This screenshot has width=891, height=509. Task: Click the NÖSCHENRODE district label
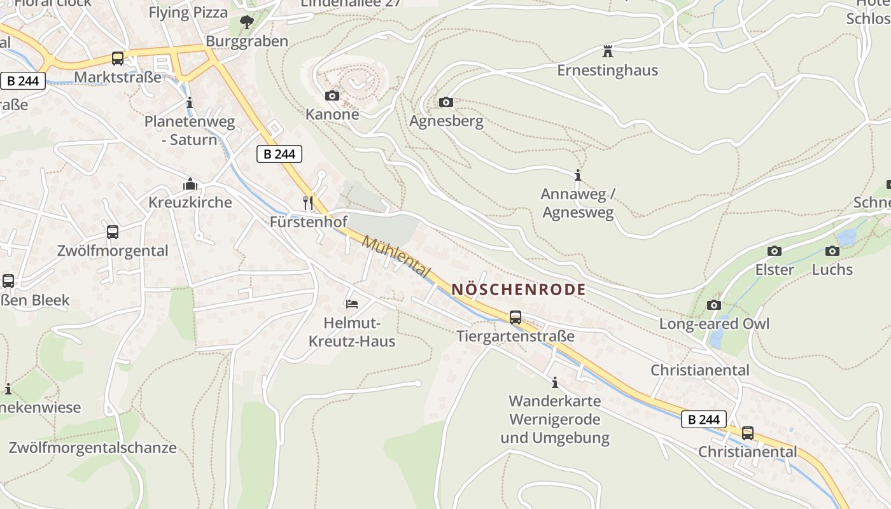pos(518,289)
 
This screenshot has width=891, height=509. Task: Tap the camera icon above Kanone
pos(332,96)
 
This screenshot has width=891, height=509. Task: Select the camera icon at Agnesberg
pos(446,102)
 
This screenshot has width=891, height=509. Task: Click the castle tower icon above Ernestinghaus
pos(607,50)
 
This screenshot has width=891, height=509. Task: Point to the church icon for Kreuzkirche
pos(190,185)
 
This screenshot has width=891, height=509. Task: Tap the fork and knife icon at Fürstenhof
pos(309,203)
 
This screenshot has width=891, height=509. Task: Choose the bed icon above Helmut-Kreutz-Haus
pos(351,303)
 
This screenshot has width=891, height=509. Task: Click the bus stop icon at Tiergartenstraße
pos(516,317)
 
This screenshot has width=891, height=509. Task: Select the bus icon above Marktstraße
pos(118,59)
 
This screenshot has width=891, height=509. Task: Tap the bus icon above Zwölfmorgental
pos(113,232)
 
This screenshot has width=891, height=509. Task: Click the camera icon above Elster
pos(775,251)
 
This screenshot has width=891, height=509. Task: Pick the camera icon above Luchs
pos(832,251)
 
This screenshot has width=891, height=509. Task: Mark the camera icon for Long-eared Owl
pos(714,305)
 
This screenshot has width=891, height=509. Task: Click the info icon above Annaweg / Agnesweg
pos(578,175)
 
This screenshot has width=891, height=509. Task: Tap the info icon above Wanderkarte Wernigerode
pos(555,382)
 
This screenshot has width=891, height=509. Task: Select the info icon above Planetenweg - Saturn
pos(190,102)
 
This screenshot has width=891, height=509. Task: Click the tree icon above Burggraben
pos(246,23)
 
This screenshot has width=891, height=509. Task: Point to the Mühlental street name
pos(396,256)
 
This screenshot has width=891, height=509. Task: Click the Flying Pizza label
pos(188,12)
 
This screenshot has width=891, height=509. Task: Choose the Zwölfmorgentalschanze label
pos(92,447)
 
